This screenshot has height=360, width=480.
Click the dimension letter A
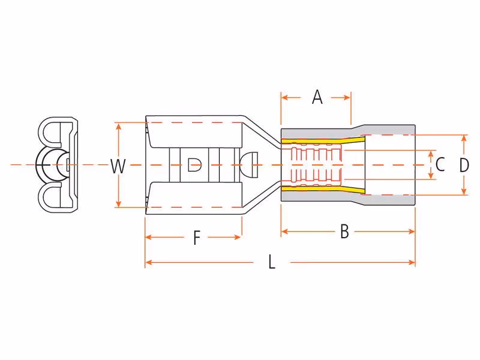tap(317, 97)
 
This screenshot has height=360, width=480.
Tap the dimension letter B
tap(344, 232)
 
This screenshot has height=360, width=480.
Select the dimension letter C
tap(440, 164)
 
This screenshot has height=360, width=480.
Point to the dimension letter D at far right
tap(464, 165)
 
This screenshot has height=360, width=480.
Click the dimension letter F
tap(197, 238)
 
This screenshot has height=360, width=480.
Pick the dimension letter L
tap(272, 262)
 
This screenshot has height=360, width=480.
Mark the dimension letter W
tap(118, 167)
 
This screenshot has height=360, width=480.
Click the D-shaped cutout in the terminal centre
tap(194, 165)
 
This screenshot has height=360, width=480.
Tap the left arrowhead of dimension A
tap(284, 98)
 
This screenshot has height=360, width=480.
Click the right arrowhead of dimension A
tap(347, 98)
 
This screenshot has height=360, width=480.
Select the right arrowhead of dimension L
tap(412, 262)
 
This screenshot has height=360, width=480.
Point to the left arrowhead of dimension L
tap(149, 262)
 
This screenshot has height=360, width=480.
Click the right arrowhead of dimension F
tap(238, 237)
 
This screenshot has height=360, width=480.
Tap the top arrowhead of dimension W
tap(119, 126)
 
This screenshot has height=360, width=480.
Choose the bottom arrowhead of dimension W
tap(119, 203)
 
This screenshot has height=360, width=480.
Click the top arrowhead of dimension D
tap(464, 139)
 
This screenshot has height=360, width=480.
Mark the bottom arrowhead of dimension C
tap(431, 176)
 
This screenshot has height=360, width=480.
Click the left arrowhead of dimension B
tap(285, 232)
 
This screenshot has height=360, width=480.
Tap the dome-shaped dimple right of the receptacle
tap(249, 165)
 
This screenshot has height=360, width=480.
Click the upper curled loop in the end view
tap(49, 132)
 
